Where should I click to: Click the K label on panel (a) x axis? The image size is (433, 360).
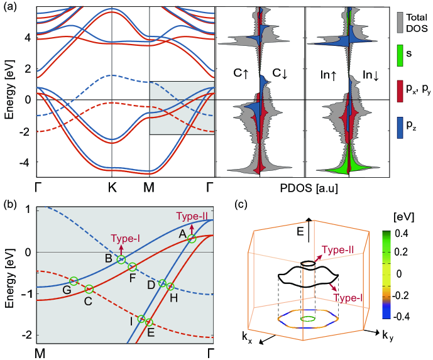[x=111, y=187]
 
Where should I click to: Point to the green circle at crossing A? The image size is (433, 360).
[x=192, y=238]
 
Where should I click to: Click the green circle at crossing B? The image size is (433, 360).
[x=121, y=259]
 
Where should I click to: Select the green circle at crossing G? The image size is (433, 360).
[x=74, y=281]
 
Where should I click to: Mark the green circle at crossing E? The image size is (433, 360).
[x=149, y=323]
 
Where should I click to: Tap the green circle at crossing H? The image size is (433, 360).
[x=170, y=286]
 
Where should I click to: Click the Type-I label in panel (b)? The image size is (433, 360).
[x=124, y=239]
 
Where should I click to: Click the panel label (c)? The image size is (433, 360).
[x=239, y=204]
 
